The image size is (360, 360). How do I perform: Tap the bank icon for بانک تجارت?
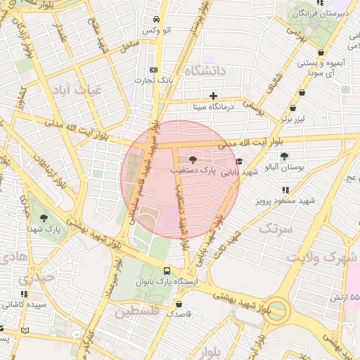tap(154, 70)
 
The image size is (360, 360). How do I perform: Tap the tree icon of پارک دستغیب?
tap(193, 160)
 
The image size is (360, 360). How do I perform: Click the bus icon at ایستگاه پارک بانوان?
tap(167, 270)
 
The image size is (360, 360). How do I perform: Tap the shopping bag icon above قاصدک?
tap(179, 304)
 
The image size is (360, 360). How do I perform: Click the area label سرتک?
tap(274, 229)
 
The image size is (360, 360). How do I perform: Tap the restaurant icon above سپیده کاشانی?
tap(25, 294)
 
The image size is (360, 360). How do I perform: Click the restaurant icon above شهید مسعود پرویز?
tap(285, 190)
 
